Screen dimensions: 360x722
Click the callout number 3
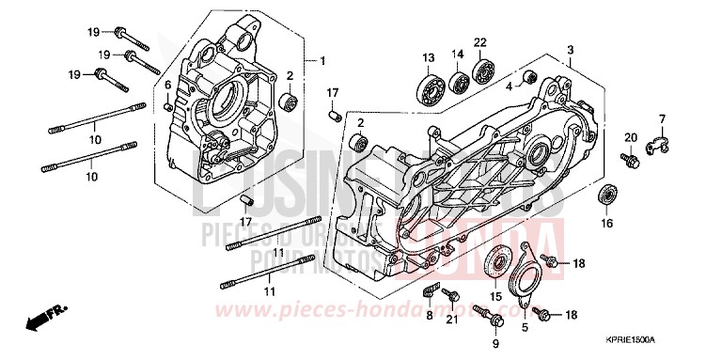[x=570, y=49]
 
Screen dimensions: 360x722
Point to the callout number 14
[x=458, y=53]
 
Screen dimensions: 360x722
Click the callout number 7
[x=662, y=117]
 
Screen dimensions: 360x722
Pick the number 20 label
[x=631, y=137]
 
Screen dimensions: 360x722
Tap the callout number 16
[x=605, y=223]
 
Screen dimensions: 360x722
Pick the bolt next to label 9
[x=482, y=311]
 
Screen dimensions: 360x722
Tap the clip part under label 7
[x=661, y=143]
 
